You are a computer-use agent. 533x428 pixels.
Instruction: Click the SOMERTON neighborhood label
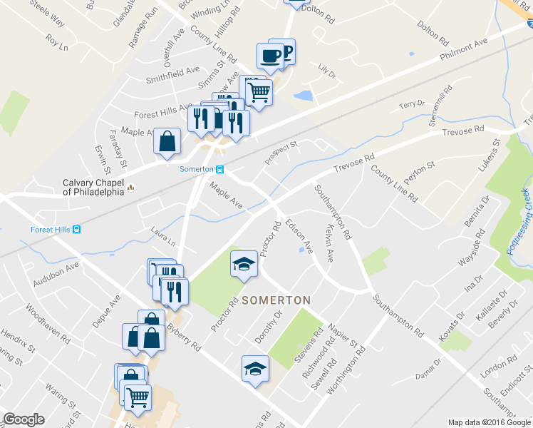point(276,300)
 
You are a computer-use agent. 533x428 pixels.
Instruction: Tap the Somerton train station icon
point(220,169)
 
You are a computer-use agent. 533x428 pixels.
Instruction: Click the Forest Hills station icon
point(76,229)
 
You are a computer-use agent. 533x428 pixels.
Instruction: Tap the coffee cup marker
point(270,56)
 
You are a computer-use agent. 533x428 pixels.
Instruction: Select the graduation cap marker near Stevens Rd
point(254,368)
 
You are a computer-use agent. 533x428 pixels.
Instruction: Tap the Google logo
point(24,419)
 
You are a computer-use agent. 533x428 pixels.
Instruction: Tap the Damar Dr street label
point(429,372)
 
